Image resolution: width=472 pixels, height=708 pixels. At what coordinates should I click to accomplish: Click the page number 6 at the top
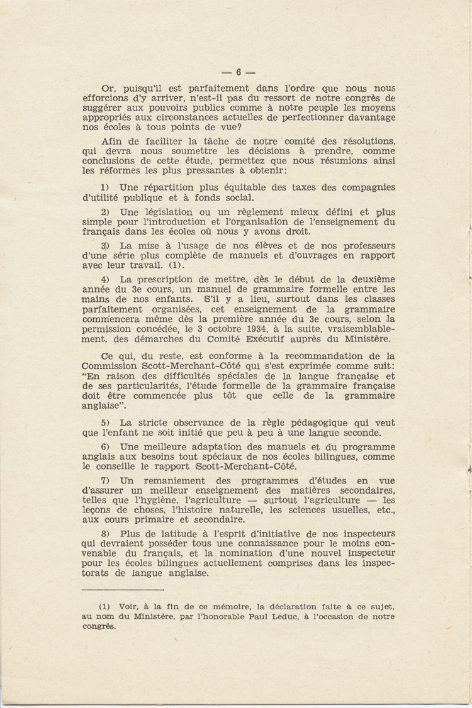[238, 72]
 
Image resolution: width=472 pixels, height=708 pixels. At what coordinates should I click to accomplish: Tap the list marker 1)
[105, 187]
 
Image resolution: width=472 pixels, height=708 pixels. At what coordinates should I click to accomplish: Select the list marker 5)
[105, 423]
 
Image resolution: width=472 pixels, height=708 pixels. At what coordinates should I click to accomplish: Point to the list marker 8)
[105, 533]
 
